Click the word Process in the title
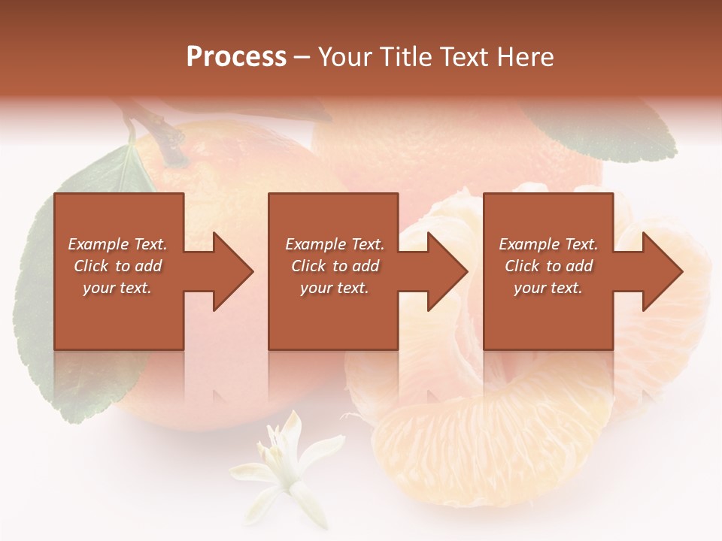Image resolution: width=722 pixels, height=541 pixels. tap(236, 57)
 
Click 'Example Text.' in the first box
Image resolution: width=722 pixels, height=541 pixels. tap(117, 244)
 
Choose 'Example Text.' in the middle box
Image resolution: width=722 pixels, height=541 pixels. tap(335, 244)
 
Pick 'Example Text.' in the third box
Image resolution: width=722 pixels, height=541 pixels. tap(548, 244)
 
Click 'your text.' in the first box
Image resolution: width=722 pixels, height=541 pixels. tap(117, 288)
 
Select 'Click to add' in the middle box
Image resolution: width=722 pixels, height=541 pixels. tap(335, 266)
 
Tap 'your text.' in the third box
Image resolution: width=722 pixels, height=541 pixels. tap(548, 288)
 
